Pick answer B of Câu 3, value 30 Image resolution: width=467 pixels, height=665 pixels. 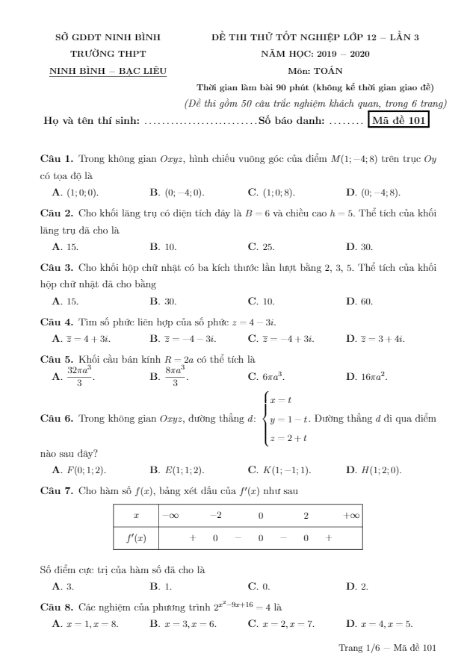(164, 301)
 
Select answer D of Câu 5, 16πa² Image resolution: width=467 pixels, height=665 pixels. (368, 377)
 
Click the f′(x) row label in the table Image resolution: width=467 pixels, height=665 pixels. (135, 537)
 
